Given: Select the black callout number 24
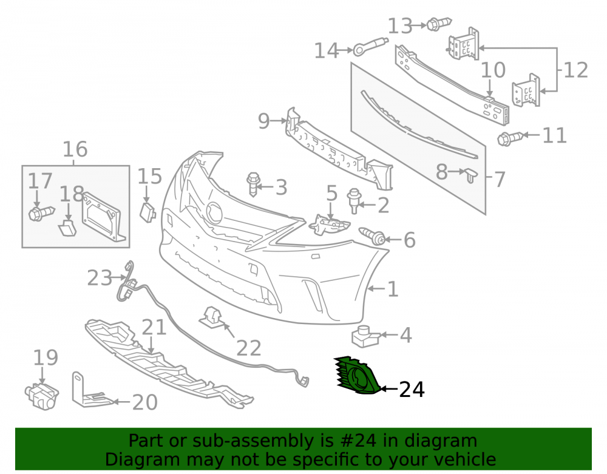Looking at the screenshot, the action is [412, 389].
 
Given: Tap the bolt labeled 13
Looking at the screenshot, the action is [439, 24].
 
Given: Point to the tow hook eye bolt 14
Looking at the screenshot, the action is [370, 46].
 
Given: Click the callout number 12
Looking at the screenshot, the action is [575, 70].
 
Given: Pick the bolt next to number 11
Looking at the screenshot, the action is [510, 138].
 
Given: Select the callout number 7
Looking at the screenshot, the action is [500, 180].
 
